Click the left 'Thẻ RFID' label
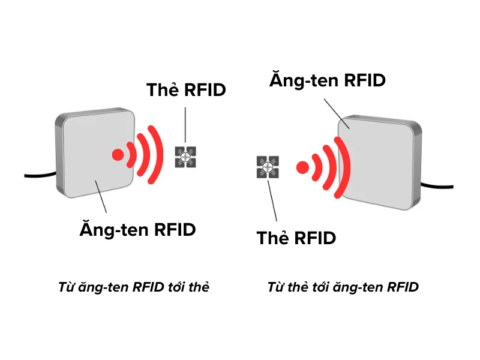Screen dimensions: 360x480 186,90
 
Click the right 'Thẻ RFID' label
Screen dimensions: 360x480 296,238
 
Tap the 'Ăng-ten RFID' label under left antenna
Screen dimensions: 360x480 137,229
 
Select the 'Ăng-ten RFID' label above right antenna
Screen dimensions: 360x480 327,80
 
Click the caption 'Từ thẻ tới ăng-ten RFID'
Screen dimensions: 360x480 343,287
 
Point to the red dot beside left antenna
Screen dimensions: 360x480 118,155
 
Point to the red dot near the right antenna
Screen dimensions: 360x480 303,166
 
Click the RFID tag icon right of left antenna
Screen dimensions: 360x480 185,157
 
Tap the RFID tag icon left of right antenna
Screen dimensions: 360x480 268,167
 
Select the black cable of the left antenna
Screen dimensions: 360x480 40,175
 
